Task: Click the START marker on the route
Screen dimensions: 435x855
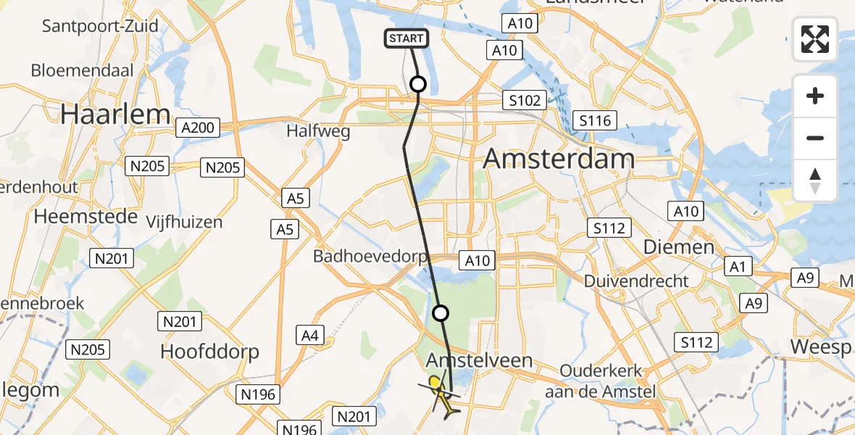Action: (x=406, y=38)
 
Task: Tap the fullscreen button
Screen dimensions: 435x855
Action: (x=815, y=39)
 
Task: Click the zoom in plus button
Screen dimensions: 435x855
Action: (x=815, y=96)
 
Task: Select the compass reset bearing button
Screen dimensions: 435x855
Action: (x=815, y=181)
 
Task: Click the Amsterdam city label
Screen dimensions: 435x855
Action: (x=559, y=158)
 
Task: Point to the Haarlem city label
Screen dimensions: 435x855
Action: (x=116, y=114)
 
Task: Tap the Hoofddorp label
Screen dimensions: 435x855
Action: (x=209, y=352)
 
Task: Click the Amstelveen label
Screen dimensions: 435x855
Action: (x=480, y=360)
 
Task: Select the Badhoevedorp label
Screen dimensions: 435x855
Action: (x=370, y=256)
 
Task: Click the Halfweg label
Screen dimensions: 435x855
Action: (x=318, y=131)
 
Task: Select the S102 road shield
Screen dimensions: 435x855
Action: (x=525, y=100)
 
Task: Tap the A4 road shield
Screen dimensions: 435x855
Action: (x=309, y=335)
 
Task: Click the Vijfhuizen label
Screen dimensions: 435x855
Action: (x=184, y=221)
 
